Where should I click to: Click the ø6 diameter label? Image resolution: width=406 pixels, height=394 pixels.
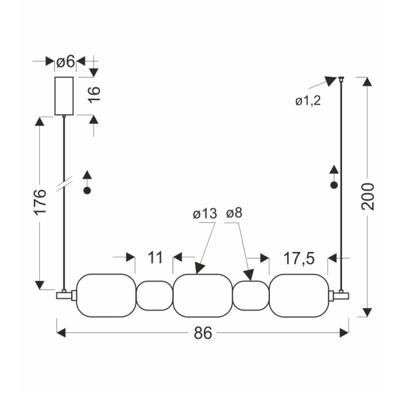point(65,62)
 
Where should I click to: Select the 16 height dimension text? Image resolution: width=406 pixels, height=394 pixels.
point(95,95)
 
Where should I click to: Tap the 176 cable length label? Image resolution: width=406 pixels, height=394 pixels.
point(40,201)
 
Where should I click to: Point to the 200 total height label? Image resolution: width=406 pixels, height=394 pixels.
point(368,196)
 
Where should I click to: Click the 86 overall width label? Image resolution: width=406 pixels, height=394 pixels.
point(203,333)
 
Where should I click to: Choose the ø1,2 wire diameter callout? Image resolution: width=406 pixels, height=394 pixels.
point(308,101)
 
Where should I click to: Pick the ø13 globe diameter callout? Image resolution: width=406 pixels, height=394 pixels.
point(205,214)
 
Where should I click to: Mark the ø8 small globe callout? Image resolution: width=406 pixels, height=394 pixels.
point(234,213)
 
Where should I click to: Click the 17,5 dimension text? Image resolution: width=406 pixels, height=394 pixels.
point(299,258)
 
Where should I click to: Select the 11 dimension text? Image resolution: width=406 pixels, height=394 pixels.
point(155,257)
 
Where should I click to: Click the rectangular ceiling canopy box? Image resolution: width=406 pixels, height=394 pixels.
point(64,96)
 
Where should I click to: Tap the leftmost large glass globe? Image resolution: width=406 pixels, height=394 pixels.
point(106,295)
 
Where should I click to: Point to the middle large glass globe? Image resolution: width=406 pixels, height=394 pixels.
point(203,295)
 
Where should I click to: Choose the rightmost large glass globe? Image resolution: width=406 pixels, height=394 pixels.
point(299,295)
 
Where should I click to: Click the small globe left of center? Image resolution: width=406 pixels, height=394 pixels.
point(155,296)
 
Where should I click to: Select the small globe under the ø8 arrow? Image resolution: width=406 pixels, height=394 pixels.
point(251,296)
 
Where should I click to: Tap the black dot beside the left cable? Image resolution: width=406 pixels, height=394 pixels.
point(87,191)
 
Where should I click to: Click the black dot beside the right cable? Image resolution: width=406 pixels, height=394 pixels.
point(334,185)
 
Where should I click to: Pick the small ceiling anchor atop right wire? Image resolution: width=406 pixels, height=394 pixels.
point(341,79)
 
